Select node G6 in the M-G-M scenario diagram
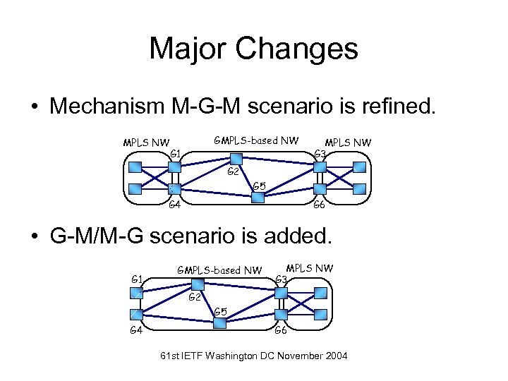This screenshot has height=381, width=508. coord(319,189)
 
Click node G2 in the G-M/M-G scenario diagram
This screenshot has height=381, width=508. coord(198,284)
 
